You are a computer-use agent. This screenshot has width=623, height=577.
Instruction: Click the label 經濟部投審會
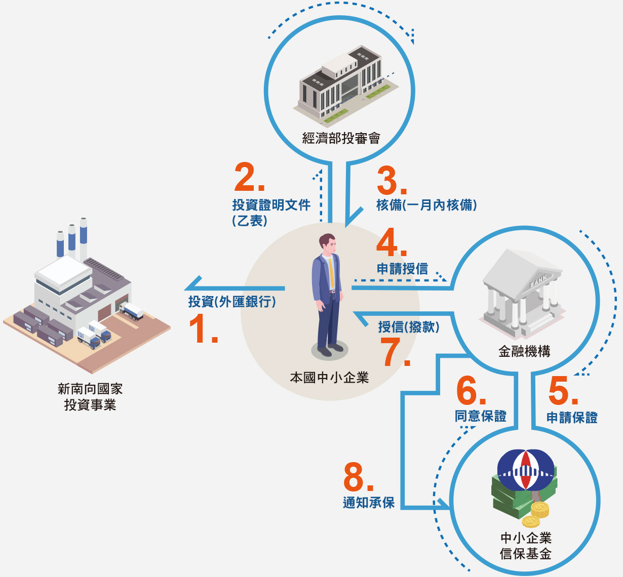click(x=341, y=138)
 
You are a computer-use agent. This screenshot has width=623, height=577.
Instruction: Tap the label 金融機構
click(x=524, y=351)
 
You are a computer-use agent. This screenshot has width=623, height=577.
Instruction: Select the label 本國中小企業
click(x=329, y=378)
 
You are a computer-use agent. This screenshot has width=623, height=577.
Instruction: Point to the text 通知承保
click(x=369, y=503)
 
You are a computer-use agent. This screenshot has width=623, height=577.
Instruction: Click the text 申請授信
click(x=402, y=269)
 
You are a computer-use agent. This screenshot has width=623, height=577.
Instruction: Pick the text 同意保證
click(x=480, y=416)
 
